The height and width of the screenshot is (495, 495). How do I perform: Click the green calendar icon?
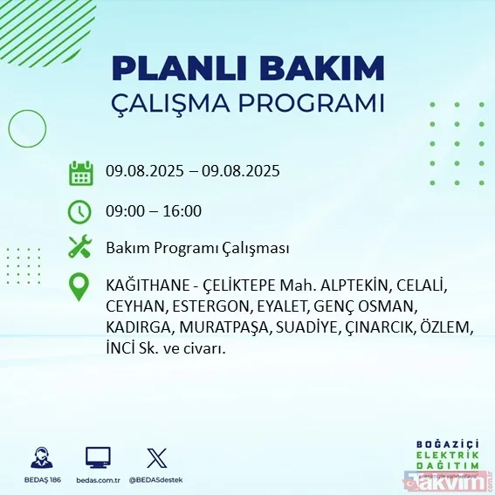(x=80, y=172)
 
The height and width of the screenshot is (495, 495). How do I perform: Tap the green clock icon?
(x=80, y=211)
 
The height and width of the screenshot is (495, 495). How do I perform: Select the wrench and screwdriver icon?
(x=80, y=248)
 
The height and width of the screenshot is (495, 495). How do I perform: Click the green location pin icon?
(x=80, y=287)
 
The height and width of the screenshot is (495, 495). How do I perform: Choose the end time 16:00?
(x=184, y=211)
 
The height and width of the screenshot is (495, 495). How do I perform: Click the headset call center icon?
(x=41, y=457)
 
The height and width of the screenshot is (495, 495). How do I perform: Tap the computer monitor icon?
(x=98, y=457)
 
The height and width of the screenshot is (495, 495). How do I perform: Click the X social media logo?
(x=156, y=457)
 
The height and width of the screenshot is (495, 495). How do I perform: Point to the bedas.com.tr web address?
(x=98, y=480)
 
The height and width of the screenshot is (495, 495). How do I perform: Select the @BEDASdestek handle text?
(x=156, y=480)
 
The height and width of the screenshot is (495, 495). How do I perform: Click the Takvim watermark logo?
(x=455, y=480)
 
